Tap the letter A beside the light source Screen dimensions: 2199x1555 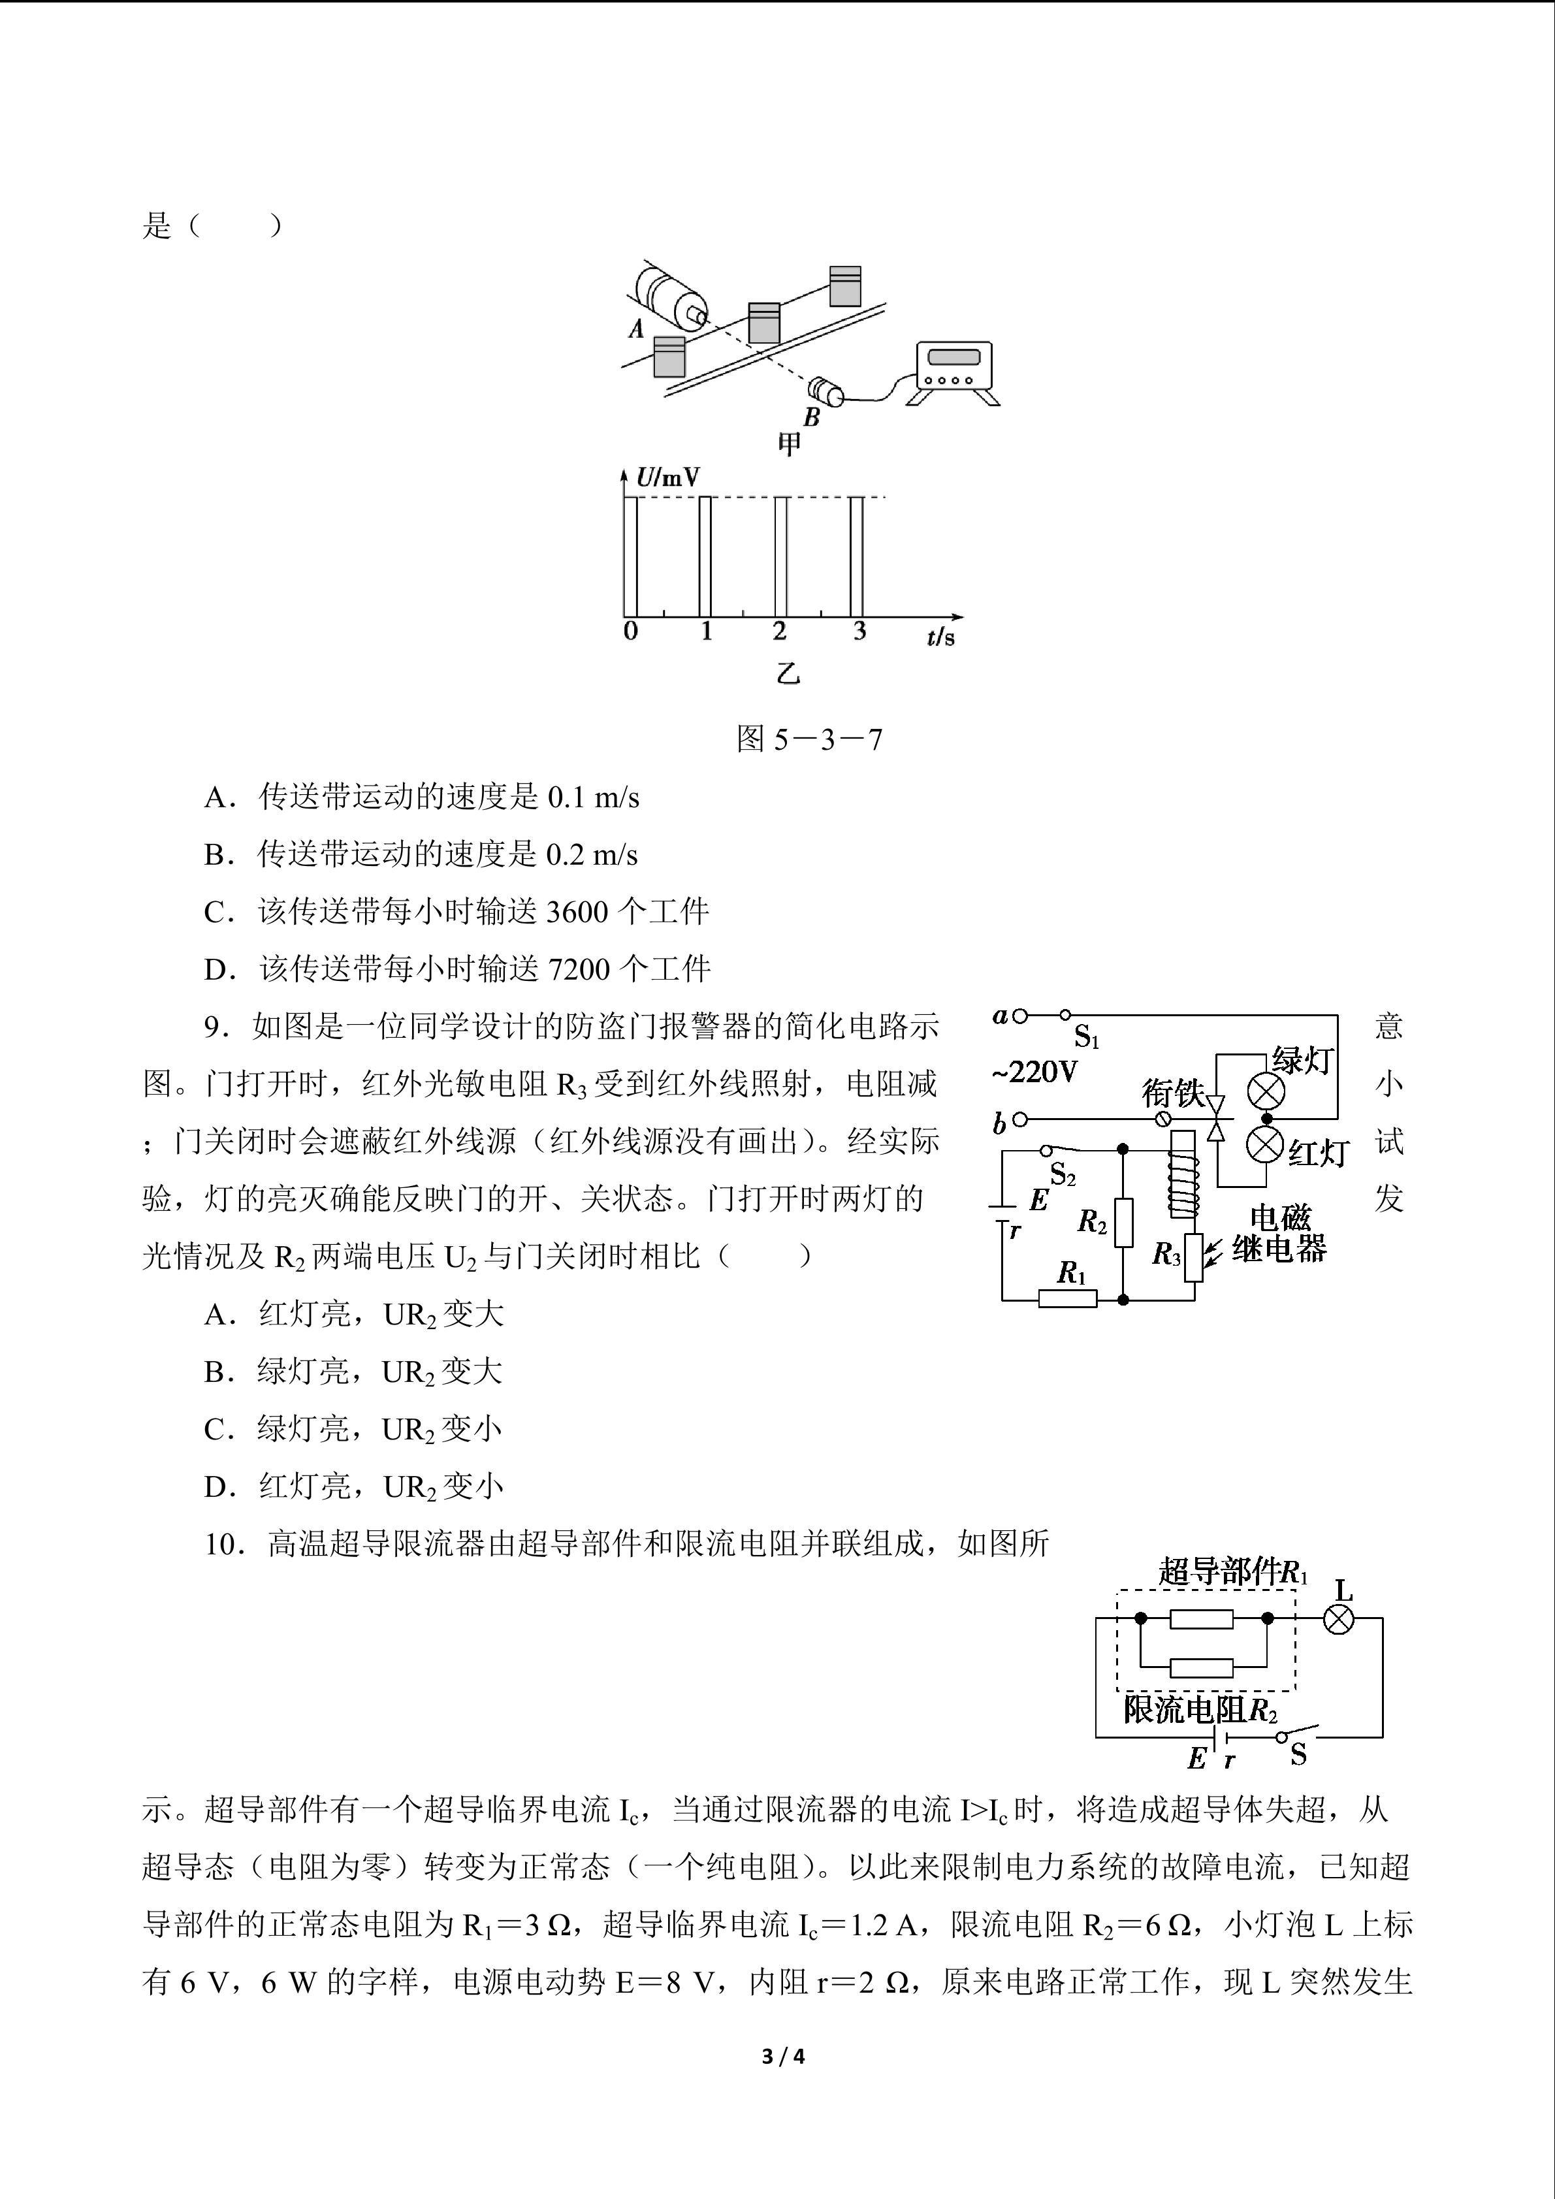(x=637, y=329)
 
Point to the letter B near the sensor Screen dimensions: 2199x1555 (x=812, y=417)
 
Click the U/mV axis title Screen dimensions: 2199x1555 (x=667, y=477)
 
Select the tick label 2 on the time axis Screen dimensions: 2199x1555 (x=779, y=631)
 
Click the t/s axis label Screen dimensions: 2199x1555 (x=940, y=636)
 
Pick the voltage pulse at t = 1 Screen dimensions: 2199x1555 (x=706, y=556)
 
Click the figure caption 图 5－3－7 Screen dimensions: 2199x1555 (x=809, y=739)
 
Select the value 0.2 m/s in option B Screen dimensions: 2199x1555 (x=592, y=854)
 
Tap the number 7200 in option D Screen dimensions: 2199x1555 (x=579, y=969)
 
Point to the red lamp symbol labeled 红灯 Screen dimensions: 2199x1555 (x=1266, y=1144)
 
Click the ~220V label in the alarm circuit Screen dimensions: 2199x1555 (x=1034, y=1071)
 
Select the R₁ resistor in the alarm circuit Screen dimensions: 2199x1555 (x=1068, y=1299)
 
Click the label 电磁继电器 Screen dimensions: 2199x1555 (x=1279, y=1234)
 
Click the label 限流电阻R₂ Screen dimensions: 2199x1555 (x=1200, y=1710)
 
